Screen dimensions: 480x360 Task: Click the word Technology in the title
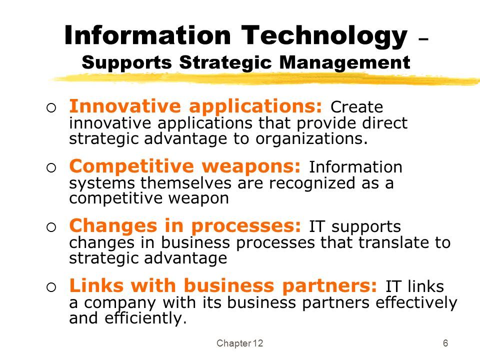(324, 36)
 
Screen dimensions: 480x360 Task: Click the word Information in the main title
(147, 35)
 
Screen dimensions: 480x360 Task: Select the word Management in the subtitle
(344, 63)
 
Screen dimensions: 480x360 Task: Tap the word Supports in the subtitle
(127, 63)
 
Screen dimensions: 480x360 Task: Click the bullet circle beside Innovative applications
(51, 108)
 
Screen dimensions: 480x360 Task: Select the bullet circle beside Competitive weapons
(51, 167)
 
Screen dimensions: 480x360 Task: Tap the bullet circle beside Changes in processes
(51, 227)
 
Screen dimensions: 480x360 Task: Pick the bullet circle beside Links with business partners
(51, 287)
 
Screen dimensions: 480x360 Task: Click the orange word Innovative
(125, 106)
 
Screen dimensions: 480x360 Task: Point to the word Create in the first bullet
(356, 107)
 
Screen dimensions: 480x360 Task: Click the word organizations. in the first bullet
(311, 139)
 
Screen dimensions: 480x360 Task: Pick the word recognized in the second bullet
(312, 183)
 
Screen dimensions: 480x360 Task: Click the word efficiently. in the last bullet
(145, 318)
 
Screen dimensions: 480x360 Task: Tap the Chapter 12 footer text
(239, 343)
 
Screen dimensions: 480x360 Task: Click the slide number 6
(445, 343)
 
